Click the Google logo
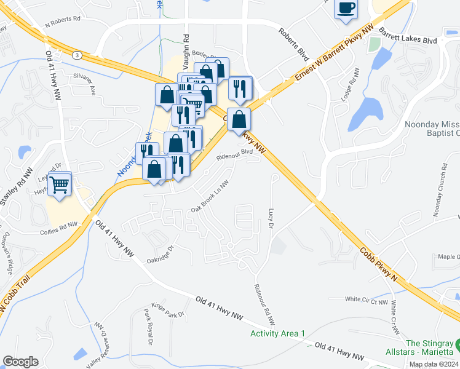coord(20,362)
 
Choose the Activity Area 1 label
coord(277,333)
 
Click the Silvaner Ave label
coord(85,85)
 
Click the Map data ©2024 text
coord(434,364)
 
